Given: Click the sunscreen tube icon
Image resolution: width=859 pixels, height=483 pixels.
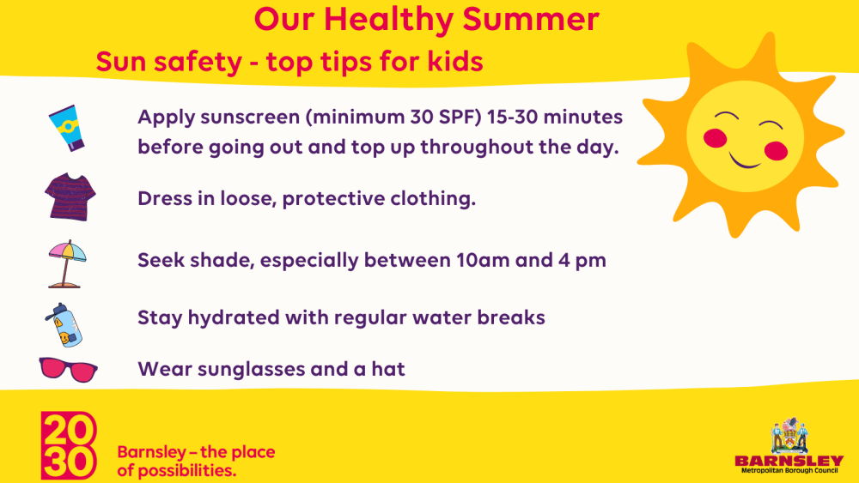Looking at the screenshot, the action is click(x=66, y=128).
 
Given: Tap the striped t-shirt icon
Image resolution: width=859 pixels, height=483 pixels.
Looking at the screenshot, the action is click(x=70, y=197).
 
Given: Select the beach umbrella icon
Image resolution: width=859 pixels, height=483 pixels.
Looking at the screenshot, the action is click(x=67, y=263).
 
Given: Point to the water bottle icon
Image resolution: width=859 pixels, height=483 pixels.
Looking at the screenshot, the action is click(x=64, y=325).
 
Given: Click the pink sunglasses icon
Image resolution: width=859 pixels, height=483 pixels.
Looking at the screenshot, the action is click(x=69, y=370).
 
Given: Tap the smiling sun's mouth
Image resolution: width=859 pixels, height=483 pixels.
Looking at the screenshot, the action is click(x=744, y=161).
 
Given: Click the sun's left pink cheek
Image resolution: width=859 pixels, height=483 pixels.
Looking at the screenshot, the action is click(x=715, y=138).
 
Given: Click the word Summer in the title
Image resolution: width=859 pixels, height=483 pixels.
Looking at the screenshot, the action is click(x=530, y=19).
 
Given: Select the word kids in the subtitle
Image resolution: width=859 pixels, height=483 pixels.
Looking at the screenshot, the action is click(x=455, y=61).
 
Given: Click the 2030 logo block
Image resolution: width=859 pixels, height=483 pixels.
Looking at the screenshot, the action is click(x=69, y=445).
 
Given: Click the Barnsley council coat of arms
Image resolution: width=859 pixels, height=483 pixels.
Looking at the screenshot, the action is click(x=789, y=436).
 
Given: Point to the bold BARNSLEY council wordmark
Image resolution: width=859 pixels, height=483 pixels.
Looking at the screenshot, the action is click(x=789, y=461).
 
